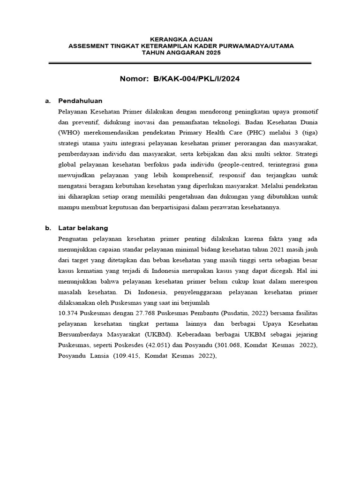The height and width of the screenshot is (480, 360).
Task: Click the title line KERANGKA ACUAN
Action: (181, 39)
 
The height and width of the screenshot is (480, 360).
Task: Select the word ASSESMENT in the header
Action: (88, 46)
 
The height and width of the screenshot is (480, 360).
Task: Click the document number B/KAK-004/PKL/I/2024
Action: (196, 79)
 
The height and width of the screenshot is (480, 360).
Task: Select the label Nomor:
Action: (134, 79)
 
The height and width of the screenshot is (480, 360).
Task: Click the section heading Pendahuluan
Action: (80, 101)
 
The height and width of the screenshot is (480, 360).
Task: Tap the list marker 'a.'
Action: (47, 101)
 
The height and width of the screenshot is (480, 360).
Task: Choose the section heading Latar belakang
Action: (83, 228)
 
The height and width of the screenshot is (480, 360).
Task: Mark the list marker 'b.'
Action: (47, 228)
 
